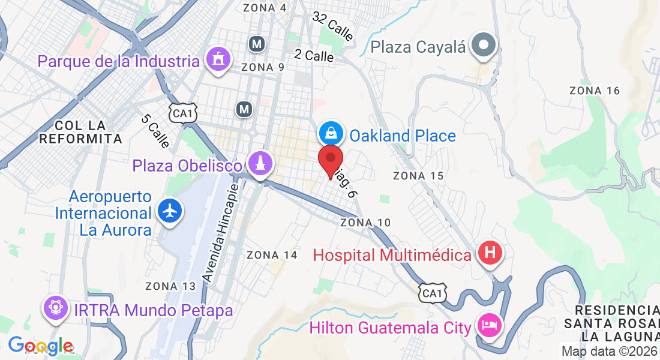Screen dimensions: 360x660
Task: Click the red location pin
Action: click(330, 160)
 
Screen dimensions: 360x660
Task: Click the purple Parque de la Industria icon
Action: click(218, 60)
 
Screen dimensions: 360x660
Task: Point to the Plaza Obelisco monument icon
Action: click(260, 163)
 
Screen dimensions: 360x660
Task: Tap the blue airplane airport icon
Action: click(171, 211)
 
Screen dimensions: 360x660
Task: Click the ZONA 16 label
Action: click(594, 91)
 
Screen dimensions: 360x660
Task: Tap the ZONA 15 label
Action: click(418, 176)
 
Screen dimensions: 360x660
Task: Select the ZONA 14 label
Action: click(272, 255)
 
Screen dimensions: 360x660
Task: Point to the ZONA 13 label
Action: click(170, 286)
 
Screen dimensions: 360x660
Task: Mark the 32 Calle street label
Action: click(333, 26)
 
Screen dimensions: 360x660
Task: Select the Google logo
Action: click(40, 346)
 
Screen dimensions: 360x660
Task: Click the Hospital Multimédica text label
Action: click(392, 255)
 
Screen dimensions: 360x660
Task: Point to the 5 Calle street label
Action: click(155, 131)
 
